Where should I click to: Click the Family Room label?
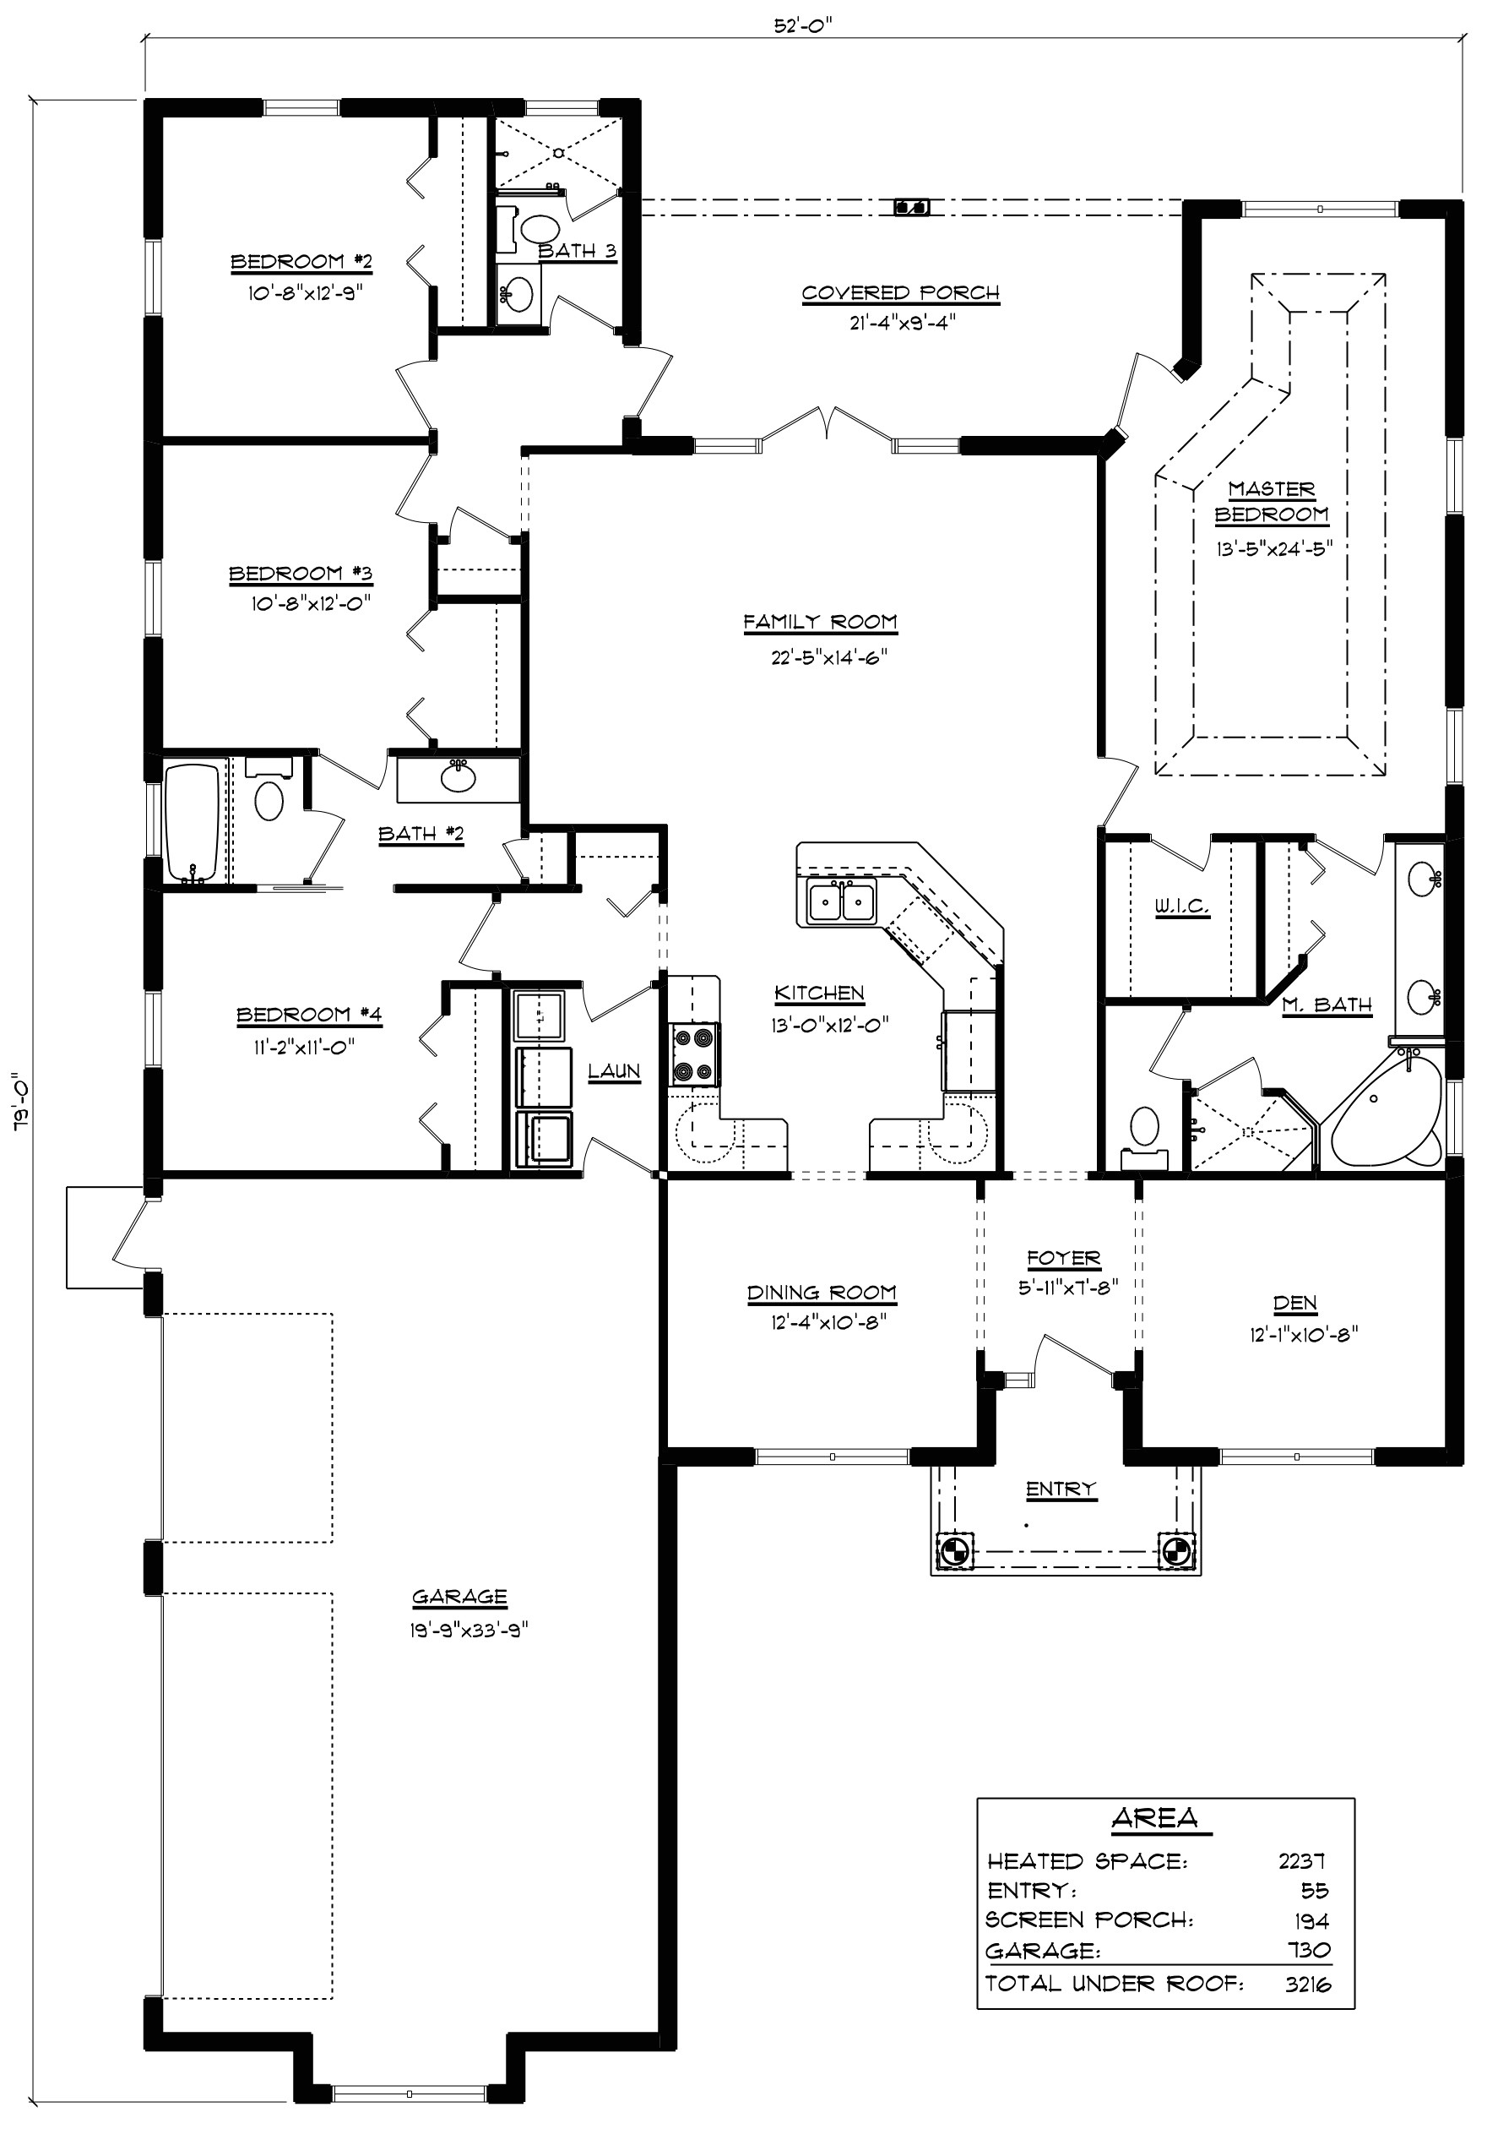[x=820, y=621]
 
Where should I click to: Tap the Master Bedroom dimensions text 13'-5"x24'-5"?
[x=1275, y=547]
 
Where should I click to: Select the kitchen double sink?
[x=841, y=902]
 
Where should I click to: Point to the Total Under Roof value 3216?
[x=1307, y=1984]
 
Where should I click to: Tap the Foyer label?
[x=1063, y=1258]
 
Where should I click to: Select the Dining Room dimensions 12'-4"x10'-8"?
[x=822, y=1322]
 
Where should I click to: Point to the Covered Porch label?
[x=900, y=293]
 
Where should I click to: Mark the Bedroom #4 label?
[x=309, y=1015]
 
